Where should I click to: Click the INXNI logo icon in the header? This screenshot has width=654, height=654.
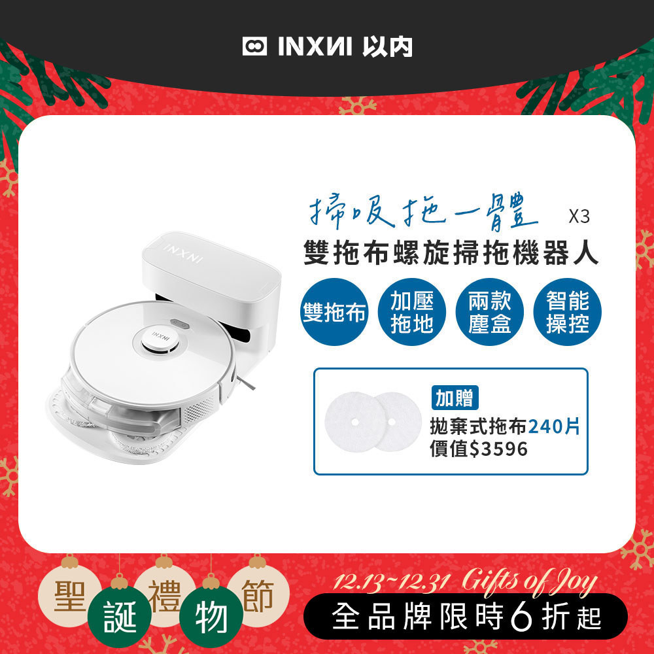tap(255, 47)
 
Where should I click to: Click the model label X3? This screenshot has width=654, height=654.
tap(579, 217)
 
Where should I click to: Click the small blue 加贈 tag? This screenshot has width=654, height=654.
tap(455, 398)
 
